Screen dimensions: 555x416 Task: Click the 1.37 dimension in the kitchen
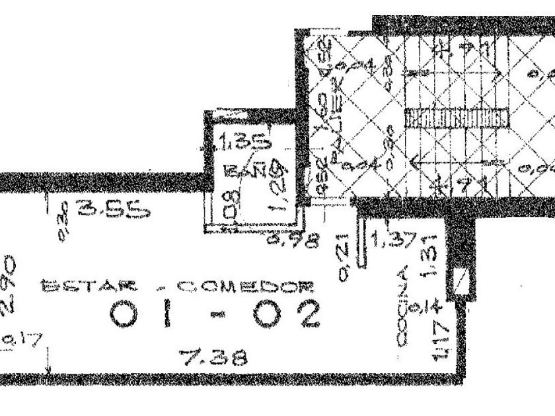[391, 240]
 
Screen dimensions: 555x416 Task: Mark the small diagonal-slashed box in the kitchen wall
[461, 283]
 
